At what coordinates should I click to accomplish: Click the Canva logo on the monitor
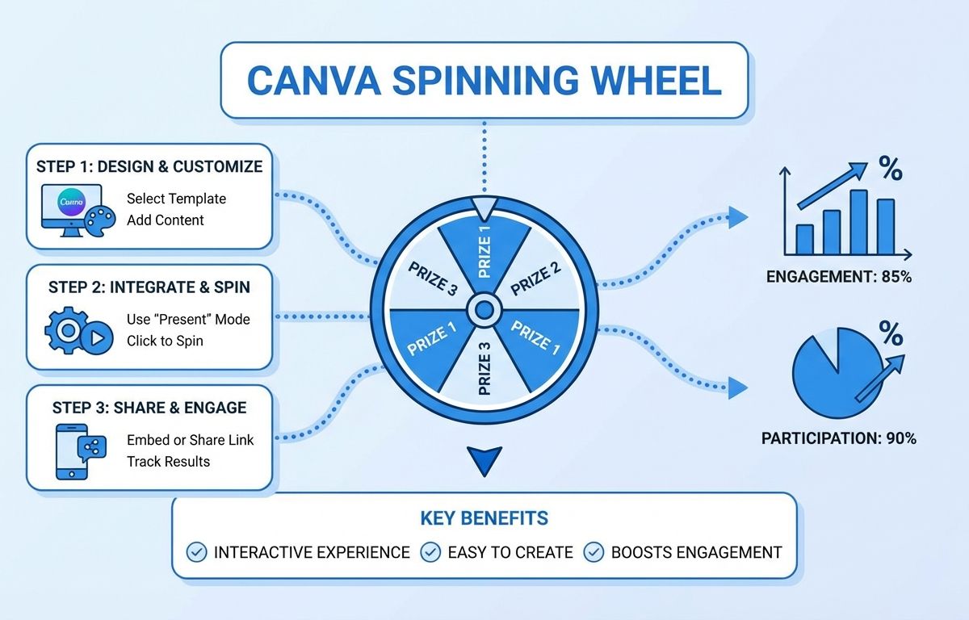71,202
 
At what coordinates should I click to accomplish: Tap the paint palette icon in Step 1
100,221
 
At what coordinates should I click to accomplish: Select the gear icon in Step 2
66,330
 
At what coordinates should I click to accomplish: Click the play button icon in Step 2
97,337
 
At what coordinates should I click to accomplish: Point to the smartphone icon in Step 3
72,451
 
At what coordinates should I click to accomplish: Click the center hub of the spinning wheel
484,309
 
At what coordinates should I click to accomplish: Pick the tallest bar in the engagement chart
858,222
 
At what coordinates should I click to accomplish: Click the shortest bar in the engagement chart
804,239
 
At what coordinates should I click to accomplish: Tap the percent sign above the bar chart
891,168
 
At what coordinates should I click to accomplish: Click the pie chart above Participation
838,373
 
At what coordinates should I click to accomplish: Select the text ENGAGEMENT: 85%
839,277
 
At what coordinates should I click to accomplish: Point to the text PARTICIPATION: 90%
839,438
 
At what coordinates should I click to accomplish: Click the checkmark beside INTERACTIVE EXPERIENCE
196,552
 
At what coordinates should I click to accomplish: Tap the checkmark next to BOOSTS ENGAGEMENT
594,552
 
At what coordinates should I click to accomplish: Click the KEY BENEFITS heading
484,518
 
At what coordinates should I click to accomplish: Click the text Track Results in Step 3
168,461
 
